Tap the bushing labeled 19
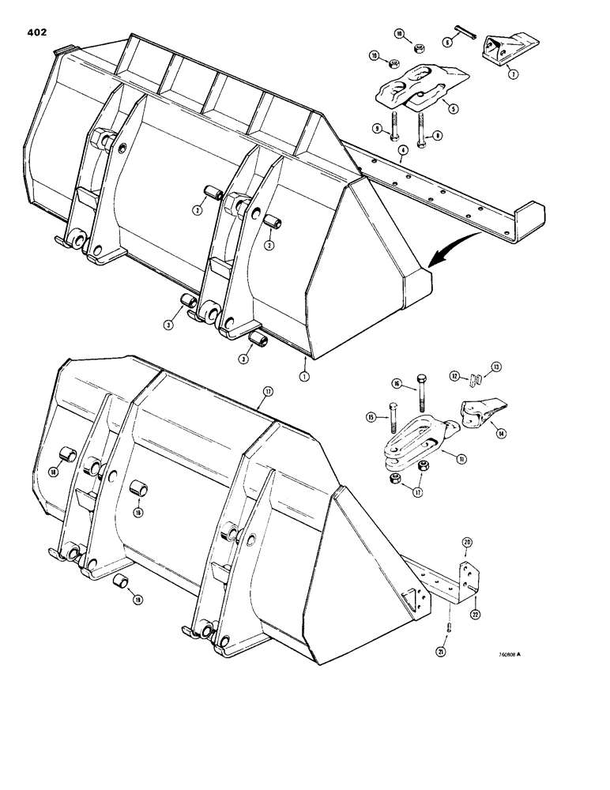pyautogui.click(x=121, y=584)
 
